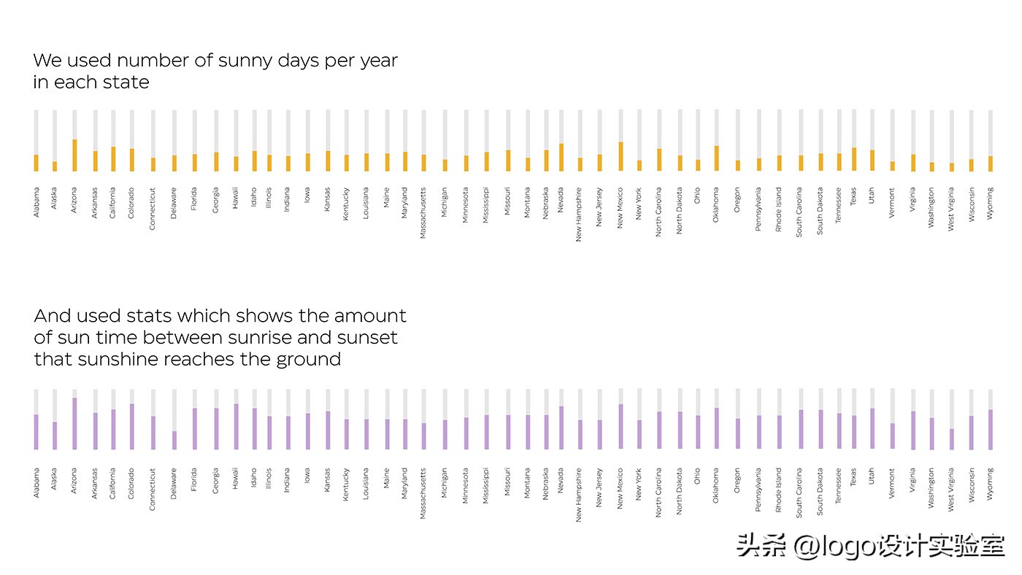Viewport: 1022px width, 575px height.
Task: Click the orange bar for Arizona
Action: click(x=74, y=155)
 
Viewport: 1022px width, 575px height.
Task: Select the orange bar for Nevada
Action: click(x=561, y=158)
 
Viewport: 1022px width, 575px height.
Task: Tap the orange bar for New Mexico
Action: click(x=620, y=156)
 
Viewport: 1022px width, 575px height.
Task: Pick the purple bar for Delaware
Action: click(x=174, y=440)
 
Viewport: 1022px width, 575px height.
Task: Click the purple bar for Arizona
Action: click(x=74, y=423)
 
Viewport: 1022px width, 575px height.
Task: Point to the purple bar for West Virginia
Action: click(x=951, y=439)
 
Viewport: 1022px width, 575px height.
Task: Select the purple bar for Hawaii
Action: click(x=236, y=426)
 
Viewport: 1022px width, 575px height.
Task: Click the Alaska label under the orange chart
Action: click(x=55, y=199)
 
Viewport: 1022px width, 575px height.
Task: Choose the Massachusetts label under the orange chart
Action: click(x=423, y=213)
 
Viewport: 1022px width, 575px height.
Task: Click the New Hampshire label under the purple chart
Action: click(x=580, y=495)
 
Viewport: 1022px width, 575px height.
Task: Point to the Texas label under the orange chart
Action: click(x=853, y=196)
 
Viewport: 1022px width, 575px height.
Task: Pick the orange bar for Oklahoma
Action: click(x=716, y=158)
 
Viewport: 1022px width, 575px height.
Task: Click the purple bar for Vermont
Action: click(x=892, y=436)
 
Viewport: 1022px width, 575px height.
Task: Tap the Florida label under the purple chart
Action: click(x=194, y=479)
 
